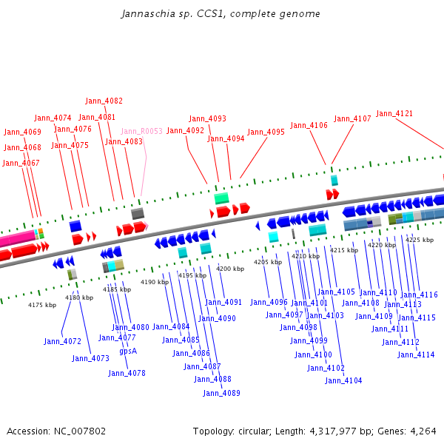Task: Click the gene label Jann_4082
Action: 104,101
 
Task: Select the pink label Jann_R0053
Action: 141,131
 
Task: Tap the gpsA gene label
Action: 128,351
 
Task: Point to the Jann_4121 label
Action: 394,113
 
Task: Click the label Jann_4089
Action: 221,393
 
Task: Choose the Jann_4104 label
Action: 343,380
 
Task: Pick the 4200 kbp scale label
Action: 230,269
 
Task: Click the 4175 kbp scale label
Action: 42,305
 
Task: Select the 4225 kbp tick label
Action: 420,240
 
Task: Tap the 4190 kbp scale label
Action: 155,282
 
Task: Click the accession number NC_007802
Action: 80,431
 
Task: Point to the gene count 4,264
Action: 423,431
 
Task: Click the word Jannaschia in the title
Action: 149,13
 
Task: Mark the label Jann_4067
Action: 21,163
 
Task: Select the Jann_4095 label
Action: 266,132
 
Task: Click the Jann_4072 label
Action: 63,341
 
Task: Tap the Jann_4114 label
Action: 416,354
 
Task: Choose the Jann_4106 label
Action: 309,125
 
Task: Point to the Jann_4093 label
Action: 207,118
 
